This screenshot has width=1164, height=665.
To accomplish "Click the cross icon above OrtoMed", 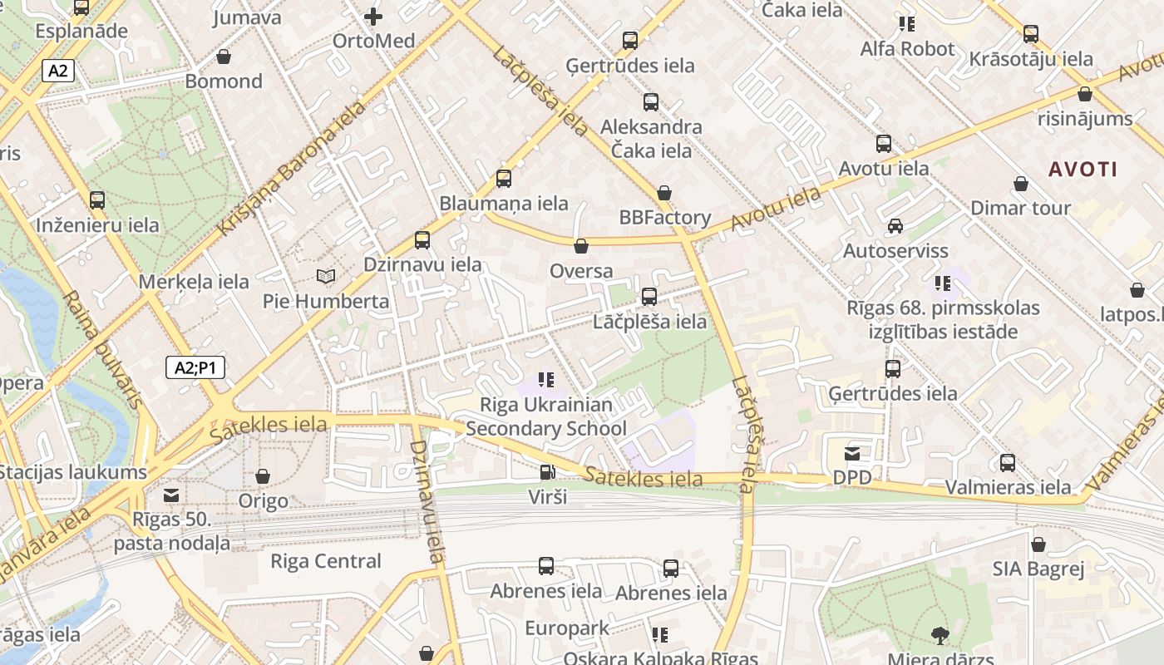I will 373,16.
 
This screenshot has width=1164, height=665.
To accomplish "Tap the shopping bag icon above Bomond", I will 224,57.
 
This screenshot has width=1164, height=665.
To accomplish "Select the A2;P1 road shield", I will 195,367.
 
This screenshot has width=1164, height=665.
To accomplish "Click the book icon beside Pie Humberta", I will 327,276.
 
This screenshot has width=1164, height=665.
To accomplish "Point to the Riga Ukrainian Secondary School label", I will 546,416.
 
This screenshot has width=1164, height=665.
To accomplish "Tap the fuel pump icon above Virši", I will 547,473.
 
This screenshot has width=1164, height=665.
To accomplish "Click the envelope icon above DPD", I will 852,454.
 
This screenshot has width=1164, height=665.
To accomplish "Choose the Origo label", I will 263,501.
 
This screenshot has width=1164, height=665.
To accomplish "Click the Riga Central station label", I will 326,561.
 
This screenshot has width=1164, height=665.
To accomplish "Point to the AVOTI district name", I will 1083,170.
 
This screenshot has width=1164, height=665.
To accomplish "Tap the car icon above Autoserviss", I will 895,226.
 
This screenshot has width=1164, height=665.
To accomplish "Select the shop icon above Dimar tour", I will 1021,184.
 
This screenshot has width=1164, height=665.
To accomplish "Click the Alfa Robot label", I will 907,49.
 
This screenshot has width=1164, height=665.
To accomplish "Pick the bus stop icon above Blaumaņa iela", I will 503,179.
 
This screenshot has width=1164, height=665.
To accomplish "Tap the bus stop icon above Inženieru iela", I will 97,200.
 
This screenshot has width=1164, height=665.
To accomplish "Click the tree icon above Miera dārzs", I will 940,636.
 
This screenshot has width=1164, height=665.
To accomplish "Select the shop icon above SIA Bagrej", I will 1038,545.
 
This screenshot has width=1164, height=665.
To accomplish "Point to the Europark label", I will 567,628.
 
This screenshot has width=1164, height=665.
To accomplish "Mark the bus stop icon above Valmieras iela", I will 1008,463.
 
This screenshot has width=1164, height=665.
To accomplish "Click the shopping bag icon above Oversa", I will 581,246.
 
